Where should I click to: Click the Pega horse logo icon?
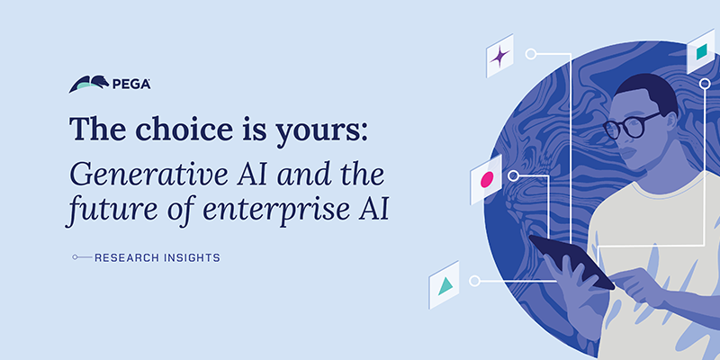point(89,85)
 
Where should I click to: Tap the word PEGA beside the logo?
point(131,85)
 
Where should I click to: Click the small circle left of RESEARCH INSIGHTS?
point(76,258)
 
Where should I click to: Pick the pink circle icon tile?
point(487,180)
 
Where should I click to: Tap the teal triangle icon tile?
point(445,285)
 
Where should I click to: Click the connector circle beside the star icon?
point(531,54)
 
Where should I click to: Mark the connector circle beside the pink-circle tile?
point(514,175)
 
